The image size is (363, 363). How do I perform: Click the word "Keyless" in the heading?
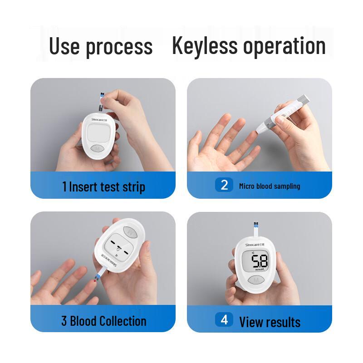[205, 46]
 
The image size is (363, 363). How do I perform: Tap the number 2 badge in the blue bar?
[224, 185]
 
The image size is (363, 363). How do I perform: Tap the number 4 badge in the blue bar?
[224, 320]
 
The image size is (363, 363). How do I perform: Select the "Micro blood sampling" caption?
[270, 186]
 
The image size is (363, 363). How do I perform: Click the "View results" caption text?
[270, 322]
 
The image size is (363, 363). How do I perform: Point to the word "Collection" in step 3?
[123, 321]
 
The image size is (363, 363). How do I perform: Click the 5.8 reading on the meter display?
[260, 261]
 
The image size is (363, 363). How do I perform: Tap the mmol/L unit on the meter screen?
[260, 270]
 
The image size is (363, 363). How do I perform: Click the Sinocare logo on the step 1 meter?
[101, 119]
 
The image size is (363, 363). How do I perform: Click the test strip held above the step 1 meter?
[102, 101]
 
